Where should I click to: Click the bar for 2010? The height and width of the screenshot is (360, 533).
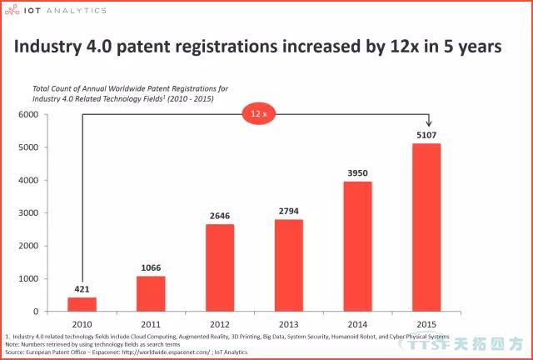tap(82, 304)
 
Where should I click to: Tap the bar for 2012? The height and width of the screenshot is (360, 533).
tap(220, 267)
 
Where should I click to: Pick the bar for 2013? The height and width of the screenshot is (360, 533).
tap(288, 265)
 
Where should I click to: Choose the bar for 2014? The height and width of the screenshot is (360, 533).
tap(357, 247)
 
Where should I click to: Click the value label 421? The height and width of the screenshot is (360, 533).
tap(82, 289)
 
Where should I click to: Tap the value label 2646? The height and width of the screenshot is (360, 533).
tap(220, 216)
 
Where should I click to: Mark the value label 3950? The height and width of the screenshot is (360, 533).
tap(357, 173)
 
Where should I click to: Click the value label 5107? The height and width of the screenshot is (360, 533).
tap(426, 135)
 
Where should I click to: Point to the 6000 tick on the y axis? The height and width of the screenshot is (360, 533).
tap(38, 114)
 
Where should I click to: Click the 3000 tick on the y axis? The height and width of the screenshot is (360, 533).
tap(38, 213)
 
